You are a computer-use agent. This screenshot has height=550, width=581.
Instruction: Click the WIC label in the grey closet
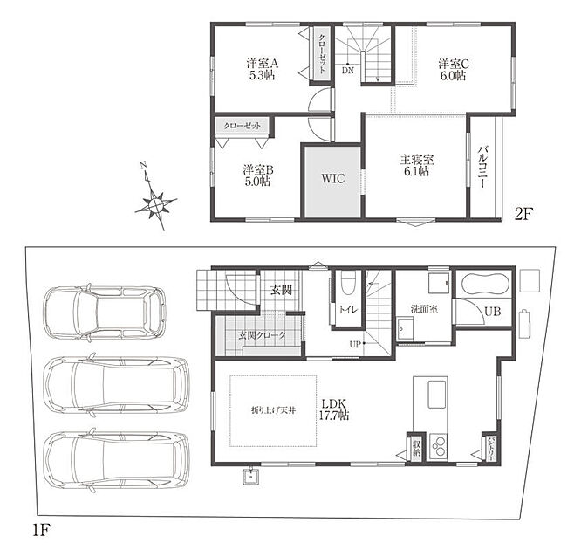[x=332, y=178]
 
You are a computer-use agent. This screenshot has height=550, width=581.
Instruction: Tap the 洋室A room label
[x=263, y=64]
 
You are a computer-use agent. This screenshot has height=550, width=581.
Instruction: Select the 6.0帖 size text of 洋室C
[x=454, y=75]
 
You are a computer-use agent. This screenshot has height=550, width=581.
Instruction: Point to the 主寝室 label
[x=416, y=160]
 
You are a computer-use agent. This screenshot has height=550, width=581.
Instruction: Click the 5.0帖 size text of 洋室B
[x=257, y=182]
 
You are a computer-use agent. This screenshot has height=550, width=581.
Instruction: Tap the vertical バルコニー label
[x=482, y=166]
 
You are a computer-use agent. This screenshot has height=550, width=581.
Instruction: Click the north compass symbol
[x=155, y=196]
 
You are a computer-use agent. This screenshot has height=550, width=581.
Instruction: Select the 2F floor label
[x=523, y=214]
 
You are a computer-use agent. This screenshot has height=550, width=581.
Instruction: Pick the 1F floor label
[x=41, y=531]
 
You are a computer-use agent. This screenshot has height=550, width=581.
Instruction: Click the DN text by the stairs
[x=348, y=71]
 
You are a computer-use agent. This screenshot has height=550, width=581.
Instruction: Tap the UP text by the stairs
[x=355, y=344]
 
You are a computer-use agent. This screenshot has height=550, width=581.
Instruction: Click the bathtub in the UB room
[x=483, y=284]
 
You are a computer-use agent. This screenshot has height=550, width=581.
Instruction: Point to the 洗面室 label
[x=424, y=308]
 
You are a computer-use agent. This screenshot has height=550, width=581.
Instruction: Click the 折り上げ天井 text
[x=273, y=410]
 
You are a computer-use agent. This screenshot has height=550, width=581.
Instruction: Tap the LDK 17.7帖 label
[x=334, y=409]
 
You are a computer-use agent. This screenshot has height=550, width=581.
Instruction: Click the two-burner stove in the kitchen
[x=439, y=446]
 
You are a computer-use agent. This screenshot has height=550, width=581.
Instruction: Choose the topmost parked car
[x=105, y=313]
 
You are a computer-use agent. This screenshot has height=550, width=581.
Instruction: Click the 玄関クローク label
[x=263, y=335]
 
